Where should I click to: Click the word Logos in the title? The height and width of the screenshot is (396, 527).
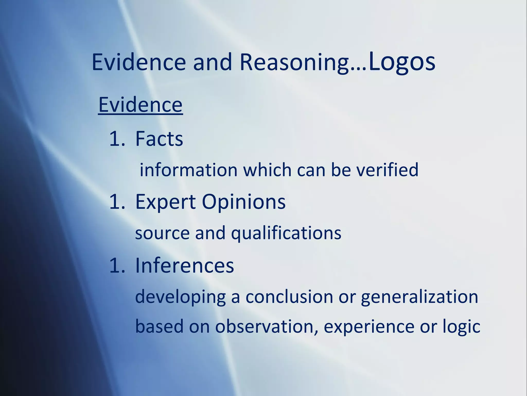coord(402,62)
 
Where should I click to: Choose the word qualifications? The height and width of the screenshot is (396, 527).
coord(286,233)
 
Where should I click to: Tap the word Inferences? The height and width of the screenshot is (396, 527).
coord(185,265)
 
